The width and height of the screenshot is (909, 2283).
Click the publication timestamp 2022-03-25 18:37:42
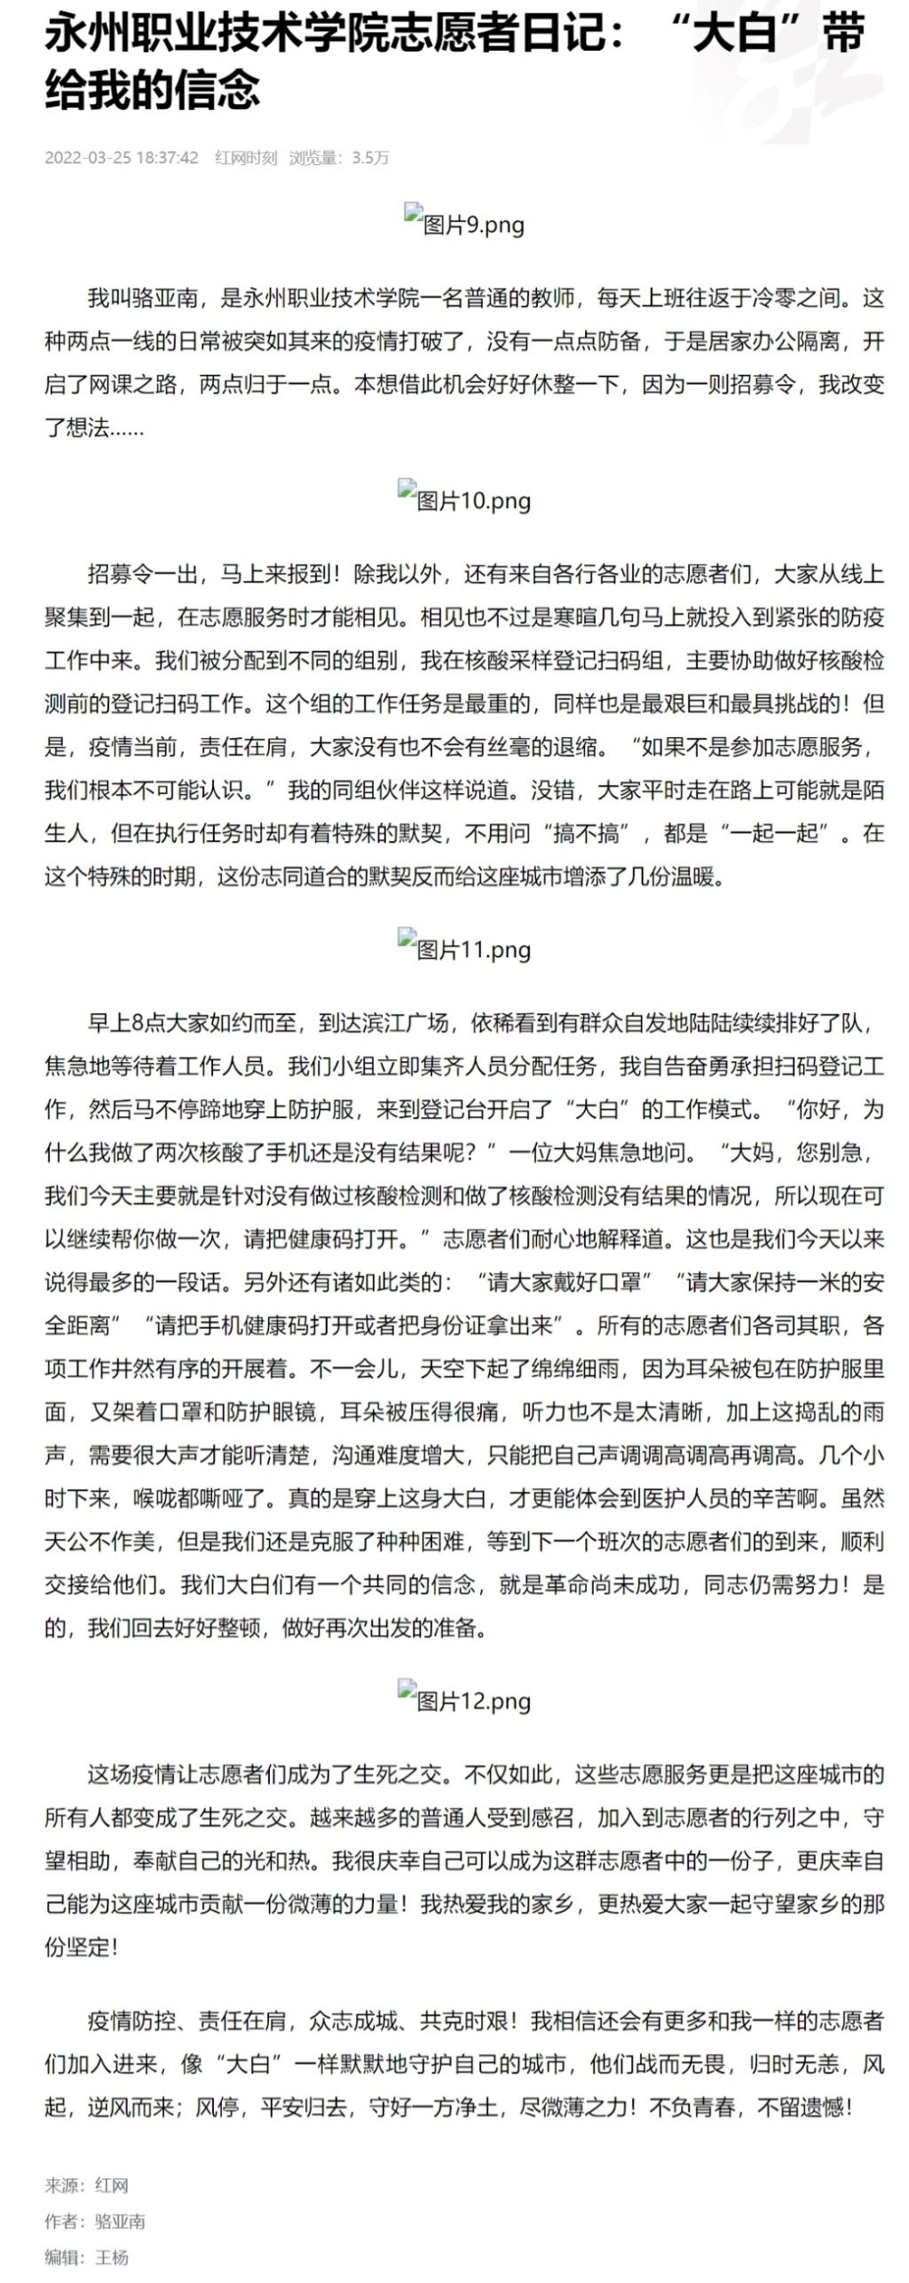122,158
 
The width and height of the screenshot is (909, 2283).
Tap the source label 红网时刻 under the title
246,158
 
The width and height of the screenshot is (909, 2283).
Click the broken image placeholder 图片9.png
464,222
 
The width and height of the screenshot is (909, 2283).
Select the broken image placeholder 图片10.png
464,499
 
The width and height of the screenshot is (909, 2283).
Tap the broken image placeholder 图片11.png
464,947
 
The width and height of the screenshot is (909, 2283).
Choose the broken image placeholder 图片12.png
464,1700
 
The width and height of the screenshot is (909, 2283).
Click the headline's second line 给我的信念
152,90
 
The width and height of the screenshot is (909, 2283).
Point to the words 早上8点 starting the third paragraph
130,1022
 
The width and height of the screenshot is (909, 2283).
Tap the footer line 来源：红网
87,2185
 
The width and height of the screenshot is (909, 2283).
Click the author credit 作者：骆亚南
95,2221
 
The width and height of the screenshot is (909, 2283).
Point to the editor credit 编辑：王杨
87,2256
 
